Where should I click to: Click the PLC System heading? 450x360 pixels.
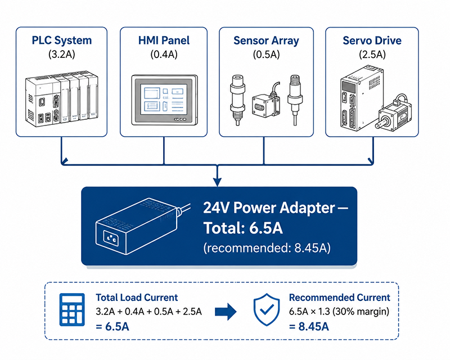pos(62,40)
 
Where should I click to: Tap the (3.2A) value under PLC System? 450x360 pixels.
pos(62,54)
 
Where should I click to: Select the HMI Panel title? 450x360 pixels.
pos(164,40)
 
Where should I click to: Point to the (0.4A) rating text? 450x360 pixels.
pos(164,54)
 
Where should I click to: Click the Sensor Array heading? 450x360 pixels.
pos(266,40)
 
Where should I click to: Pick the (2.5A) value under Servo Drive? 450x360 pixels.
pos(372,54)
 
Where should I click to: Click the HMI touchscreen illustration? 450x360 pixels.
pos(164,100)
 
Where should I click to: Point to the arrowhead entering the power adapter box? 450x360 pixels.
pos(217,182)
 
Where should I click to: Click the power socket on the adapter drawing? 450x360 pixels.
pos(111,237)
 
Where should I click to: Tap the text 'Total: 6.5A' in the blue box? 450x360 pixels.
pos(243,228)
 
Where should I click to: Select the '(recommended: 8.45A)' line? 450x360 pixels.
pos(267,247)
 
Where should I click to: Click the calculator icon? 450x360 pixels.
pos(72,310)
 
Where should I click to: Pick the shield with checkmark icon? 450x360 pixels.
pos(267,309)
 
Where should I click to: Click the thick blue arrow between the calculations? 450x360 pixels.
pos(226,312)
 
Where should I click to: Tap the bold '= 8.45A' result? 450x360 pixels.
pos(309,327)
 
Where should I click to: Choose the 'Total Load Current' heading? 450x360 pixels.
pos(137,298)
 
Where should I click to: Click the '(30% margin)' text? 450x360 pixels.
pos(361,312)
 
